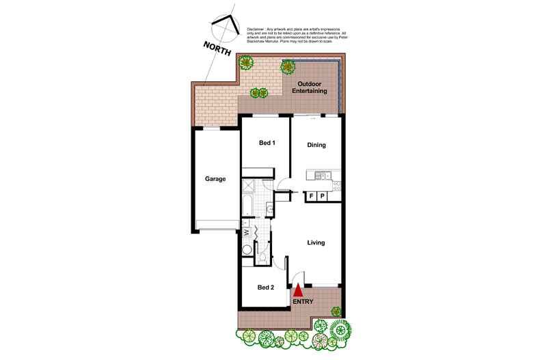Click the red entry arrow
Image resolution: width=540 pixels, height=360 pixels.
coord(297,292)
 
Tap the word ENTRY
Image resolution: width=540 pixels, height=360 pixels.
coord(303,301)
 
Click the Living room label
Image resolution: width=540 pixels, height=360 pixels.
coord(316,243)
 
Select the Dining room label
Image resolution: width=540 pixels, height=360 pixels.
coord(316,145)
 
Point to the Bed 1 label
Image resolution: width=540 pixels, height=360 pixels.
coord(267,143)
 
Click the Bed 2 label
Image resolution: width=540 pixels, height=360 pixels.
coord(266,288)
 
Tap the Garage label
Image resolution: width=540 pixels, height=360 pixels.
coord(215,180)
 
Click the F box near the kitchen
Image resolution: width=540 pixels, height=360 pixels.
coord(312,197)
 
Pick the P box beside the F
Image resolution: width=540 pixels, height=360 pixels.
coord(323,197)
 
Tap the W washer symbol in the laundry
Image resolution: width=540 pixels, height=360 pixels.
coord(246,231)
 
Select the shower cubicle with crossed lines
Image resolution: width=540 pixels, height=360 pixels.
coord(248,184)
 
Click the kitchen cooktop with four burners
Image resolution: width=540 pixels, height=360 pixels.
coord(336,184)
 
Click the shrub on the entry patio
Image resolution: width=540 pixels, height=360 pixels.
coord(336,311)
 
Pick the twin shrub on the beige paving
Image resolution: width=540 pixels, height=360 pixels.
coord(258,93)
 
